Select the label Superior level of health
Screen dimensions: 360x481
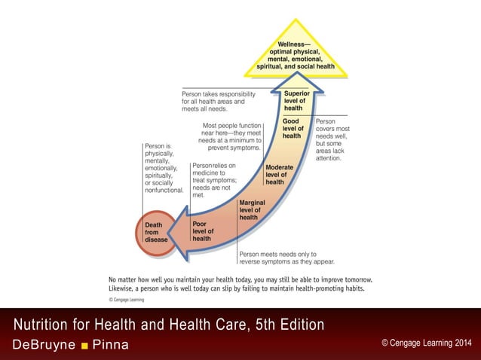(x=293, y=101)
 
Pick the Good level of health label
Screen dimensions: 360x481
(x=292, y=128)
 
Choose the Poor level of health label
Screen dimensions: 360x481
(x=202, y=231)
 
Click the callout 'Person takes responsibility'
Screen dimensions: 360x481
(x=219, y=102)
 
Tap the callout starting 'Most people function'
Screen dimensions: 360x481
(x=231, y=136)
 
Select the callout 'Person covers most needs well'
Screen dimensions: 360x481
(x=332, y=139)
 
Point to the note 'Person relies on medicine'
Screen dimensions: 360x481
(x=214, y=180)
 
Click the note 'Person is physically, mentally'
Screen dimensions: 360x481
(x=164, y=167)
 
